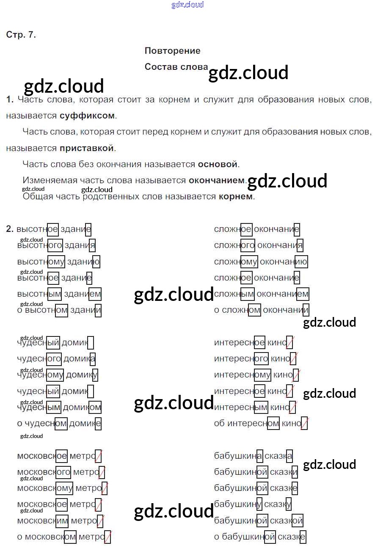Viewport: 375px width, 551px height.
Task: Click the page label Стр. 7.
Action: tap(21, 35)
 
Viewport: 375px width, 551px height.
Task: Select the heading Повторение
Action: tap(172, 51)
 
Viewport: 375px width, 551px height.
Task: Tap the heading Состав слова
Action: tap(176, 67)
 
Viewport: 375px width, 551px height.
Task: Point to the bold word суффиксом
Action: tap(87, 116)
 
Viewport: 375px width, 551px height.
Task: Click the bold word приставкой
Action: tap(87, 148)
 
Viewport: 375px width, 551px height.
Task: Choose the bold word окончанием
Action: tap(217, 180)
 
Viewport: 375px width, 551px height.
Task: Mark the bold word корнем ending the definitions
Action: tap(236, 196)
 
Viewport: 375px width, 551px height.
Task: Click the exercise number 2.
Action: tap(10, 229)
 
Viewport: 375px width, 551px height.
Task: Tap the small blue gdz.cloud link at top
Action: tap(187, 5)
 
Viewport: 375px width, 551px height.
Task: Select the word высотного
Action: tap(39, 245)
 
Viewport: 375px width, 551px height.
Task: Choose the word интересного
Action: tap(241, 359)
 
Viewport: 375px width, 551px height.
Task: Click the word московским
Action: tap(42, 520)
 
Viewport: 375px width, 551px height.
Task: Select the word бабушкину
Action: tap(238, 504)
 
